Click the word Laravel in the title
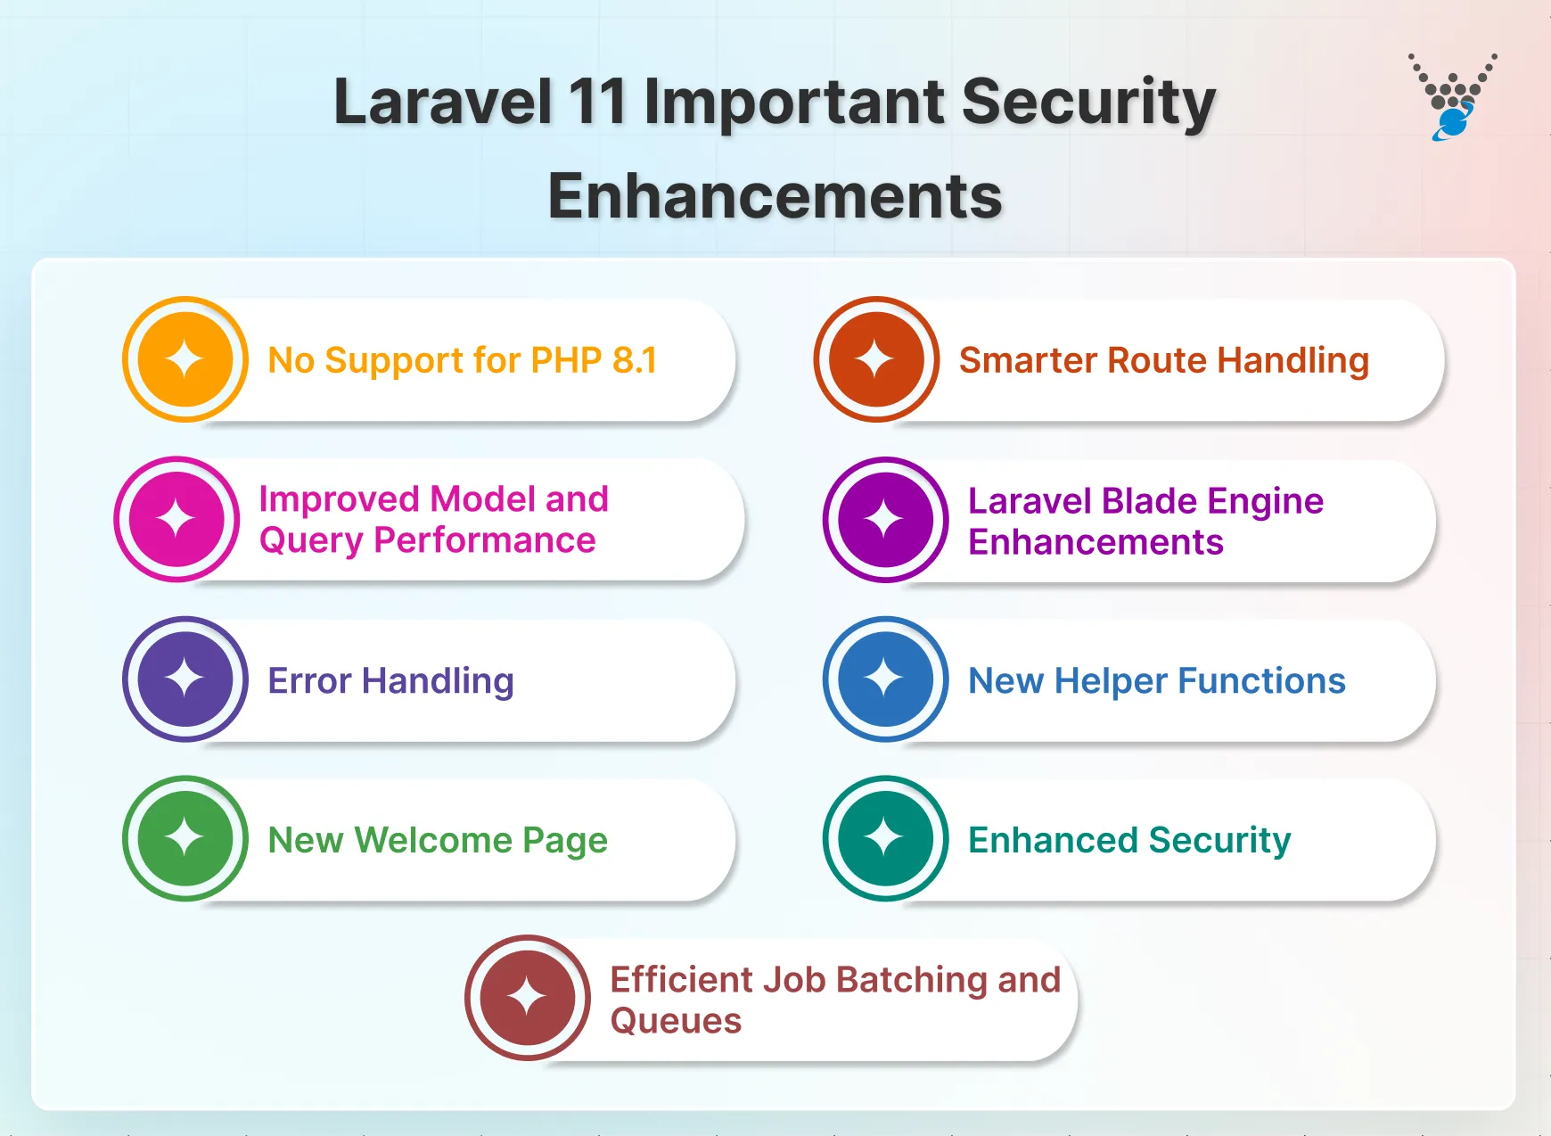coord(443,102)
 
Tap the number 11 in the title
coord(597,102)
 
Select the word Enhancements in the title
coord(775,196)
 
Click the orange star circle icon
coord(185,359)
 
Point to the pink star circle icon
coord(176,519)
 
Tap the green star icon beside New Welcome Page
coord(185,838)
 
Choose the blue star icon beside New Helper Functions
coord(885,679)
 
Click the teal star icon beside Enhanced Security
coord(885,838)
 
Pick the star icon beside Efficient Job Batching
coord(528,997)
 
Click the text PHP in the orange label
coord(566,360)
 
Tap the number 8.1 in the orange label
coord(635,360)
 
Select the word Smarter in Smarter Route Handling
coord(1028,360)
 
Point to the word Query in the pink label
coord(311,541)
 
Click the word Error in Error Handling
coord(309,681)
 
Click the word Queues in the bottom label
coord(676,1021)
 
